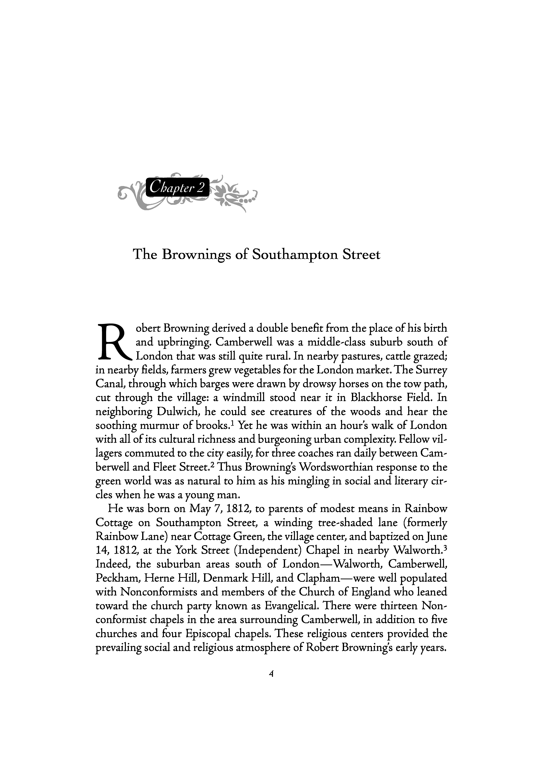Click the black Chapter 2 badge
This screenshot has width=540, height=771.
[x=178, y=187]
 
